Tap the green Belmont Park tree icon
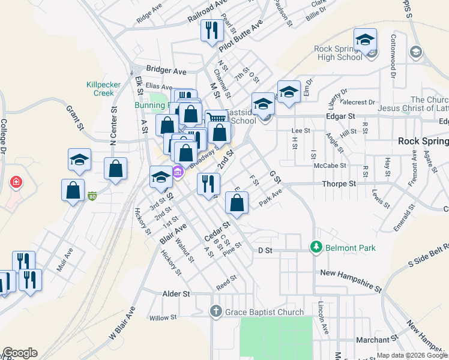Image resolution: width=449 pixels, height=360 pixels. [x=316, y=247]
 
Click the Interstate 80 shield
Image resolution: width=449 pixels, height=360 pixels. [x=92, y=196]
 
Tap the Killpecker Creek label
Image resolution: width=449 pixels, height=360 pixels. [x=100, y=88]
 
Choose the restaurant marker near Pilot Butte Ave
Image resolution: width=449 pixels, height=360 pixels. [x=211, y=31]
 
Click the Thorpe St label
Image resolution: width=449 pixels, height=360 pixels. [x=339, y=184]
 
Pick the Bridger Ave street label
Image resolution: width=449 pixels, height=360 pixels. [x=166, y=70]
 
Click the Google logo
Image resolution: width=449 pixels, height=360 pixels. [x=20, y=353]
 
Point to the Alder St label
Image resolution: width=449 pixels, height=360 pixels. [x=176, y=294]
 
